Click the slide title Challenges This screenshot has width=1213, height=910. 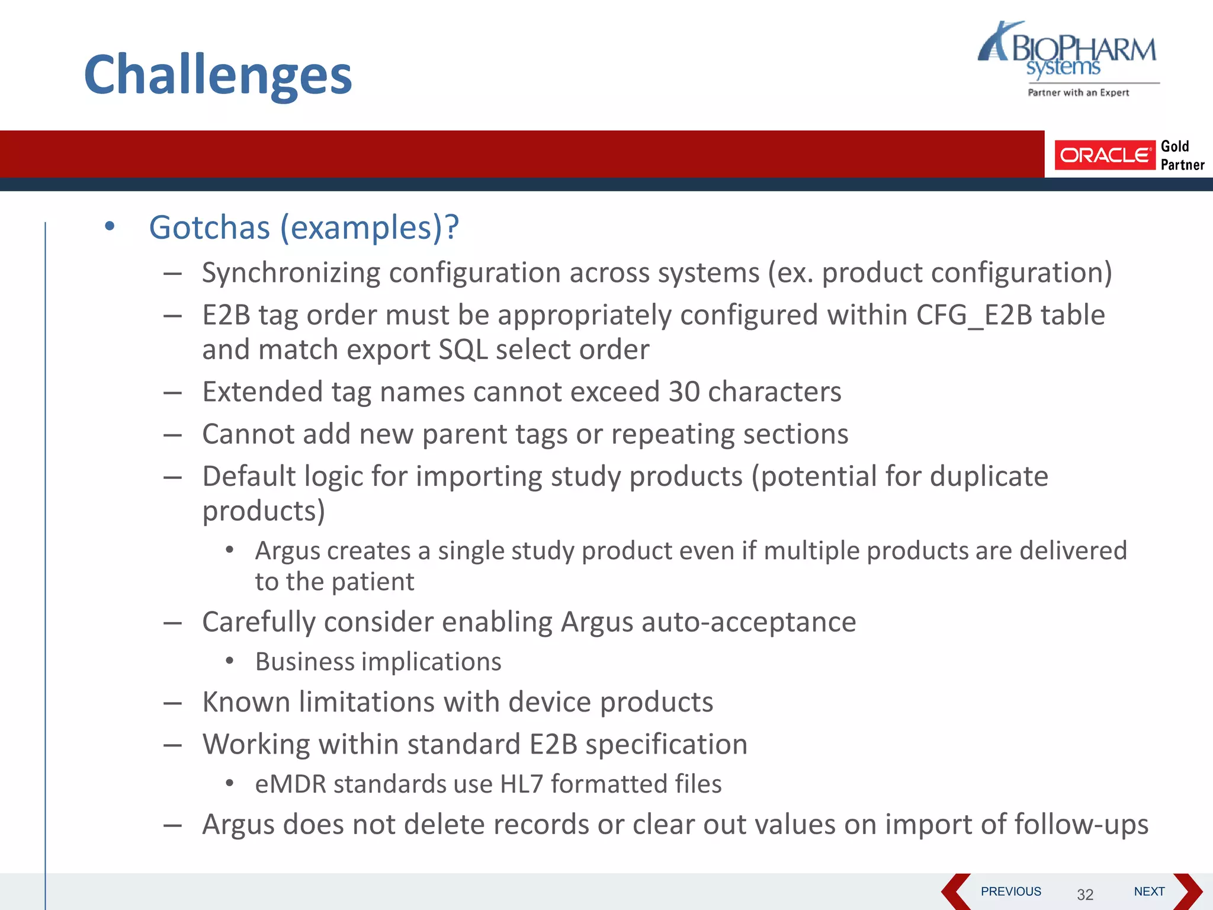pyautogui.click(x=218, y=75)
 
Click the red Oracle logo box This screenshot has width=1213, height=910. pyautogui.click(x=1104, y=155)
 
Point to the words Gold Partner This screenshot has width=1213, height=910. pyautogui.click(x=1182, y=155)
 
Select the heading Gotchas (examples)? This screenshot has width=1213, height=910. pyautogui.click(x=304, y=227)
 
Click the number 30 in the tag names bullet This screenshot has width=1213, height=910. pyautogui.click(x=684, y=392)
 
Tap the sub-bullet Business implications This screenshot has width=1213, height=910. pyautogui.click(x=378, y=662)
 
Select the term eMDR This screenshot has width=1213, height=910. pyautogui.click(x=291, y=784)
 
